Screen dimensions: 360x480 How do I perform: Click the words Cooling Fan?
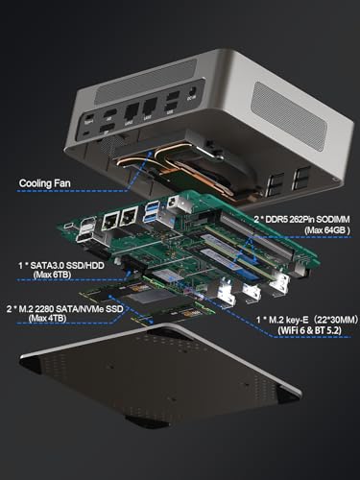tap(44, 183)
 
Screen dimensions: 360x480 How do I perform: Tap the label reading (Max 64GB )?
tap(327, 230)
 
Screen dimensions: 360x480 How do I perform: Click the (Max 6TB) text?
tap(52, 275)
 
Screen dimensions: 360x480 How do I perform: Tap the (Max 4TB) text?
tap(47, 318)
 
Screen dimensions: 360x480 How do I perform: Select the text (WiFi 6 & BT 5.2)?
tap(309, 330)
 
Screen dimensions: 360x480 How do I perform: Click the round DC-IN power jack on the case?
tap(193, 91)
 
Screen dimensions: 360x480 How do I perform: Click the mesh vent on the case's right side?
tap(289, 116)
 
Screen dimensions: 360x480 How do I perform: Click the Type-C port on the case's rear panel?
tap(89, 116)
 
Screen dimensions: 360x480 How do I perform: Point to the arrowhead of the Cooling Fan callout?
tap(149, 154)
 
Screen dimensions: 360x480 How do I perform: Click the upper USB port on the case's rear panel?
tap(174, 95)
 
